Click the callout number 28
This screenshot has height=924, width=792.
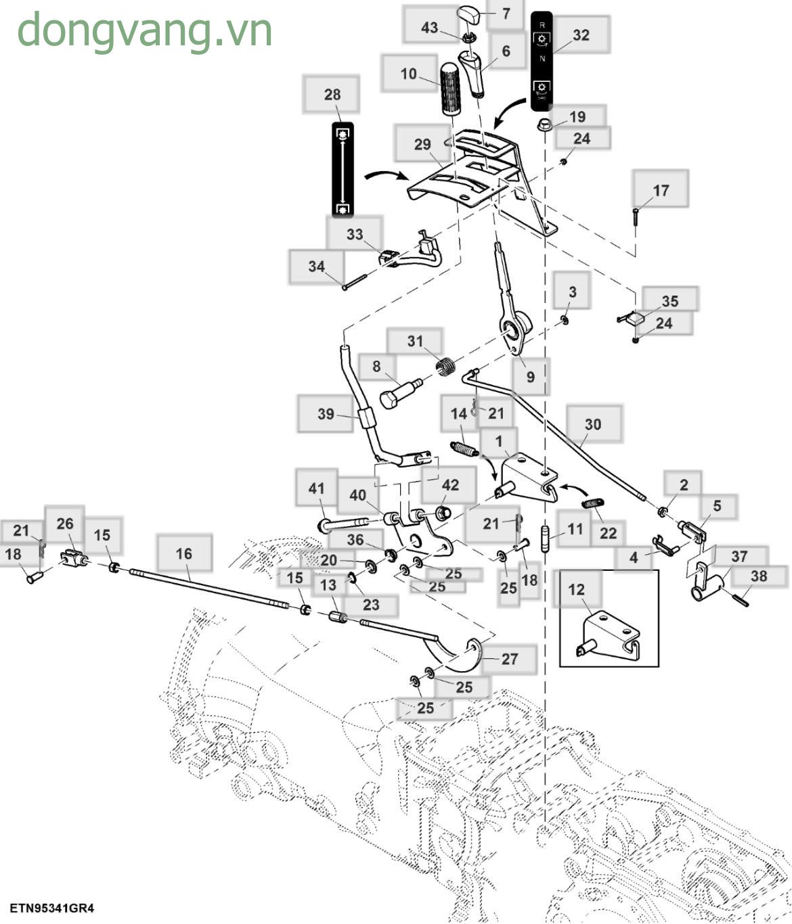332,95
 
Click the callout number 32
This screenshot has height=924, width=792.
581,35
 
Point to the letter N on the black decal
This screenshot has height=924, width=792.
542,59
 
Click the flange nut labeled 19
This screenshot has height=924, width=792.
545,125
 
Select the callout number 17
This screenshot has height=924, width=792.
661,191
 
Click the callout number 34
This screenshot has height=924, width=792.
316,267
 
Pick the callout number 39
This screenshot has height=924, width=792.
326,413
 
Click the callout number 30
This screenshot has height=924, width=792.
592,424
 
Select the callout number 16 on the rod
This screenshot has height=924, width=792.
183,554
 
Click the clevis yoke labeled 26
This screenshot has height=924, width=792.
74,559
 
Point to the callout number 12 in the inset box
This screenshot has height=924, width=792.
576,589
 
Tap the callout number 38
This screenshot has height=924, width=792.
759,576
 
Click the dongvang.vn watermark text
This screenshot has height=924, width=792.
144,30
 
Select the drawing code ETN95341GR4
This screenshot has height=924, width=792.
51,908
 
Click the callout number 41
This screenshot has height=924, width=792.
316,488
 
